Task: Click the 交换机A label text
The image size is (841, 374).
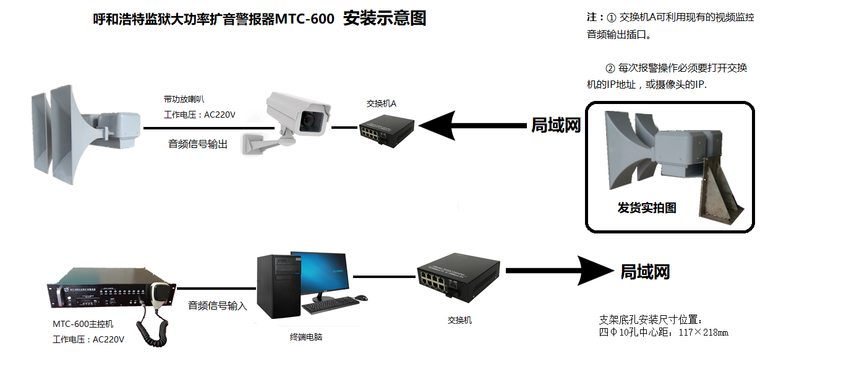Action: [x=381, y=103]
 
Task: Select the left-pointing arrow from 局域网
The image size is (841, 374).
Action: [x=470, y=126]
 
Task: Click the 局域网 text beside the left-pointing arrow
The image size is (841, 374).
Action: [x=557, y=126]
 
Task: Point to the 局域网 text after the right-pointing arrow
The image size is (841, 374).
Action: [x=645, y=272]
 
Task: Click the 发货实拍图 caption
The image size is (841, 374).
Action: [x=646, y=208]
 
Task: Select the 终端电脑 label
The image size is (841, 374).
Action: [x=306, y=337]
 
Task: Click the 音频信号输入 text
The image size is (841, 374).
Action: [x=217, y=305]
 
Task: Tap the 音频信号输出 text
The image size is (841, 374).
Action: [x=198, y=144]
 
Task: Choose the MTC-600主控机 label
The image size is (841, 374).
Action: [x=83, y=324]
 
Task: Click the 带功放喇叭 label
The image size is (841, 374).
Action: [x=184, y=99]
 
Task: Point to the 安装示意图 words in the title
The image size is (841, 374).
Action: [x=385, y=19]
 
